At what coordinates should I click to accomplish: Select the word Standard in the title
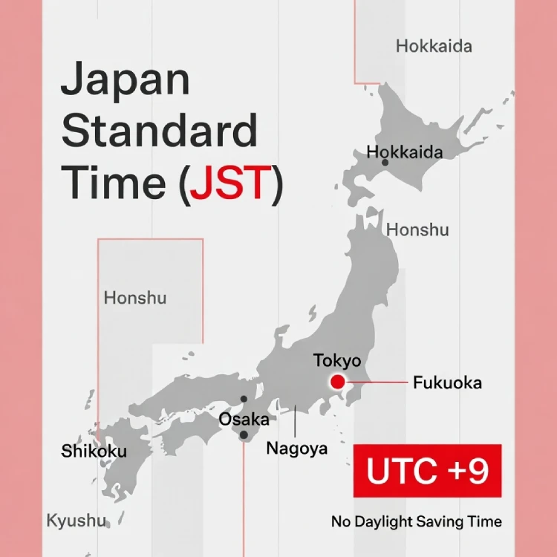pyautogui.click(x=159, y=132)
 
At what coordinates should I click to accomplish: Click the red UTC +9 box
pyautogui.click(x=428, y=471)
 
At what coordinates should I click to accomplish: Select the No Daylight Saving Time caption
pyautogui.click(x=416, y=521)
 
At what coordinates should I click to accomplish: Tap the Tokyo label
pyautogui.click(x=336, y=361)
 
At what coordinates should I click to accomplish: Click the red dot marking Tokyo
pyautogui.click(x=338, y=382)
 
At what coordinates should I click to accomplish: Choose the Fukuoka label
pyautogui.click(x=447, y=383)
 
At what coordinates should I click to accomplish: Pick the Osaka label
pyautogui.click(x=244, y=420)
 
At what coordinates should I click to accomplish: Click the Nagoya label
pyautogui.click(x=296, y=449)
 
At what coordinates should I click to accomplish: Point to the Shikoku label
pyautogui.click(x=94, y=451)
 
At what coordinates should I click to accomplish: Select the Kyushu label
pyautogui.click(x=76, y=520)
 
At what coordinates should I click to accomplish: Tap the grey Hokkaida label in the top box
pyautogui.click(x=434, y=47)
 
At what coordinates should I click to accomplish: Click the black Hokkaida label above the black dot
pyautogui.click(x=405, y=152)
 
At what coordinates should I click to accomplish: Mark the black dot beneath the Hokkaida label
pyautogui.click(x=385, y=162)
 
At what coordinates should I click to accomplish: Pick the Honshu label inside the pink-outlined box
pyautogui.click(x=135, y=299)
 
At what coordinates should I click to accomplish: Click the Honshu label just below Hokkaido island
pyautogui.click(x=417, y=230)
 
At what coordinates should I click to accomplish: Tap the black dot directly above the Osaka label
pyautogui.click(x=244, y=399)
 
